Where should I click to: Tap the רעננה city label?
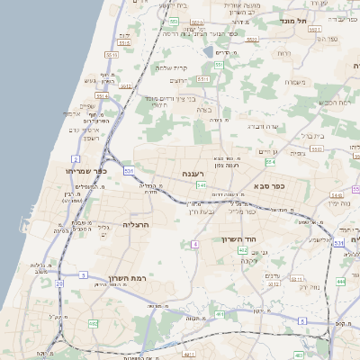pyautogui.click(x=194, y=173)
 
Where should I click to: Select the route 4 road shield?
pyautogui.click(x=194, y=244)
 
